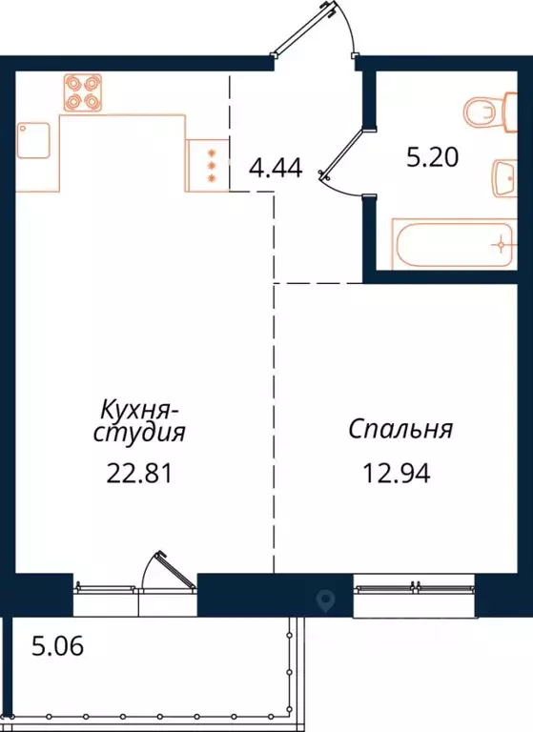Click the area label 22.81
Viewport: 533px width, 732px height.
139,473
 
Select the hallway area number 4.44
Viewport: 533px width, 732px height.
275,170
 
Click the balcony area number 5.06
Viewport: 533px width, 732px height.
58,648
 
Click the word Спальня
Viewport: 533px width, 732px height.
399,429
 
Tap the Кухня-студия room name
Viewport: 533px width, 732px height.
140,421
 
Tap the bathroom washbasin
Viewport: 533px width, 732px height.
505,178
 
